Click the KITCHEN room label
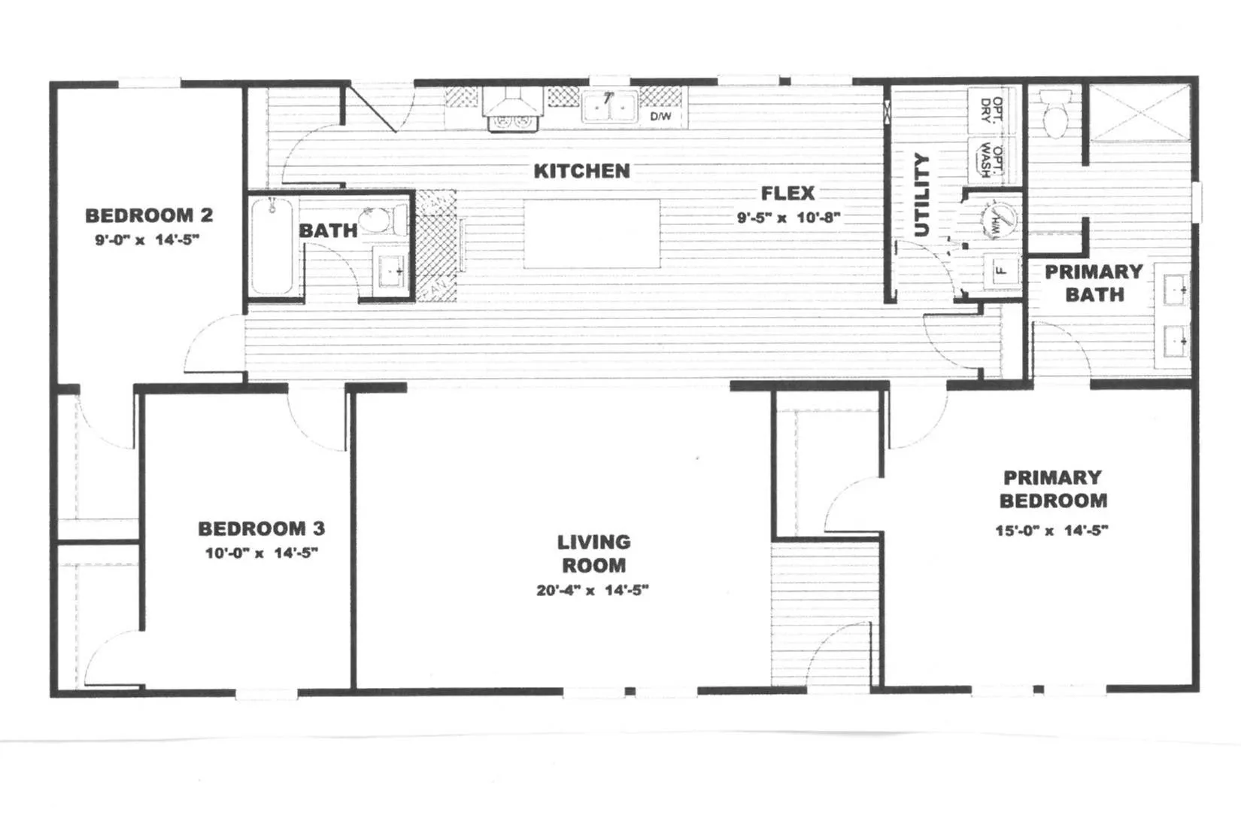click(581, 171)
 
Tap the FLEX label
click(787, 193)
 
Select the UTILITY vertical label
click(921, 195)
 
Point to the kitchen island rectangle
click(592, 233)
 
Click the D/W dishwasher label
click(660, 117)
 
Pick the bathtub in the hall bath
click(272, 248)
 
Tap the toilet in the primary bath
click(1054, 115)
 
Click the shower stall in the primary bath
click(1139, 114)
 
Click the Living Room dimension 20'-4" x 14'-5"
click(592, 590)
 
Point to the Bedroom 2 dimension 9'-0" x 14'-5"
click(147, 239)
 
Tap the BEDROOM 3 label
click(262, 528)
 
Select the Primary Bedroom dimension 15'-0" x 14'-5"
click(1051, 530)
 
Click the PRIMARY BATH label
click(1094, 283)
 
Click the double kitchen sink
click(609, 107)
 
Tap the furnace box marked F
click(1002, 271)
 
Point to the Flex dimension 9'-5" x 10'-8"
click(788, 218)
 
